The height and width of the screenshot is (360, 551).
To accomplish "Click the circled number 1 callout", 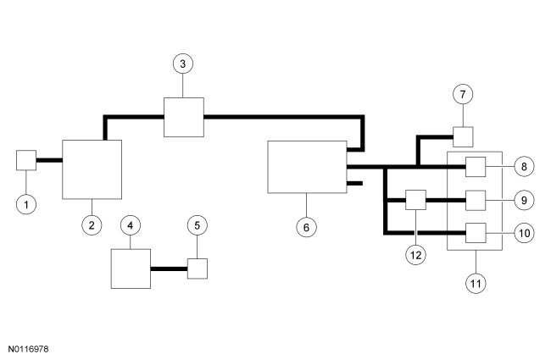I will pos(27,203).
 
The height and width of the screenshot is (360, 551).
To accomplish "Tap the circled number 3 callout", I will pos(184,64).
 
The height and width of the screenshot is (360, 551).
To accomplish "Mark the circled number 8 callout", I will pos(524,166).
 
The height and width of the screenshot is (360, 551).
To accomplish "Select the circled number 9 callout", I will pos(524,201).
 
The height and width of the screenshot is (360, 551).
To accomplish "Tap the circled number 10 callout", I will pos(524,231).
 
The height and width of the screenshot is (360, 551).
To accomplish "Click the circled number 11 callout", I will pos(475,282).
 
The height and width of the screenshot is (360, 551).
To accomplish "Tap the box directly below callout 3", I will pos(184,116).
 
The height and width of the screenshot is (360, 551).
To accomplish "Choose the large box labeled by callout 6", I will pos(307,167).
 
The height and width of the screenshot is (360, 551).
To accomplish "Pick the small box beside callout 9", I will pos(476,201).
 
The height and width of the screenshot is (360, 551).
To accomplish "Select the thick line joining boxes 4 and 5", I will pos(169,269).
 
